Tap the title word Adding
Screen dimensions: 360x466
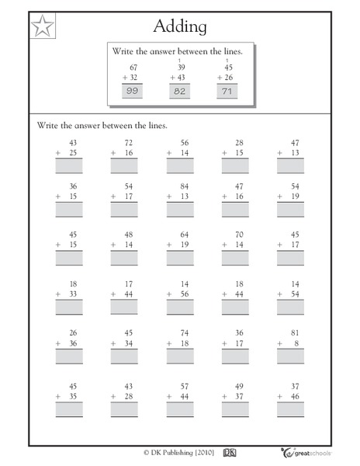pos(180,27)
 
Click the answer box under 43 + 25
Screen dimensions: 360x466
pos(68,165)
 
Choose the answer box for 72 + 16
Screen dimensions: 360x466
pos(124,165)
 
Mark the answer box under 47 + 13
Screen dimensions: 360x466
pos(291,165)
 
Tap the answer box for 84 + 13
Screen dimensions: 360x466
pos(180,210)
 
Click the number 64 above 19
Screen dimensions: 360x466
pos(185,235)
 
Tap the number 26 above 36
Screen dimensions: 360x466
pos(73,333)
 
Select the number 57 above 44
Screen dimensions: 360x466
pos(185,380)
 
